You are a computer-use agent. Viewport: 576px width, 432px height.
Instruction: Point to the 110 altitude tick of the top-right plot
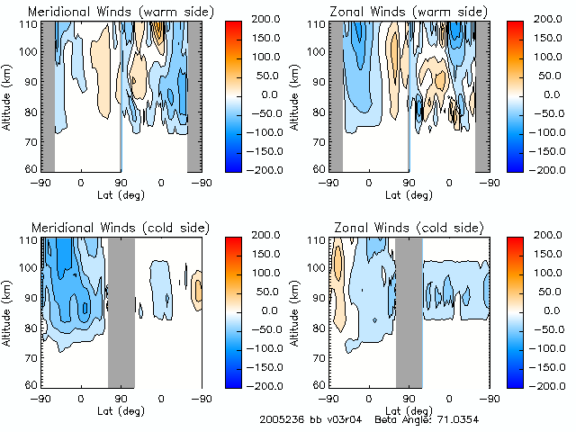pyautogui.click(x=316, y=24)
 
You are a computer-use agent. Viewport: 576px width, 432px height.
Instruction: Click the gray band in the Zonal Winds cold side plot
pyautogui.click(x=408, y=310)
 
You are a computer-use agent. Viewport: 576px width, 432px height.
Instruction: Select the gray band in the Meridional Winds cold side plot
pyautogui.click(x=121, y=310)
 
